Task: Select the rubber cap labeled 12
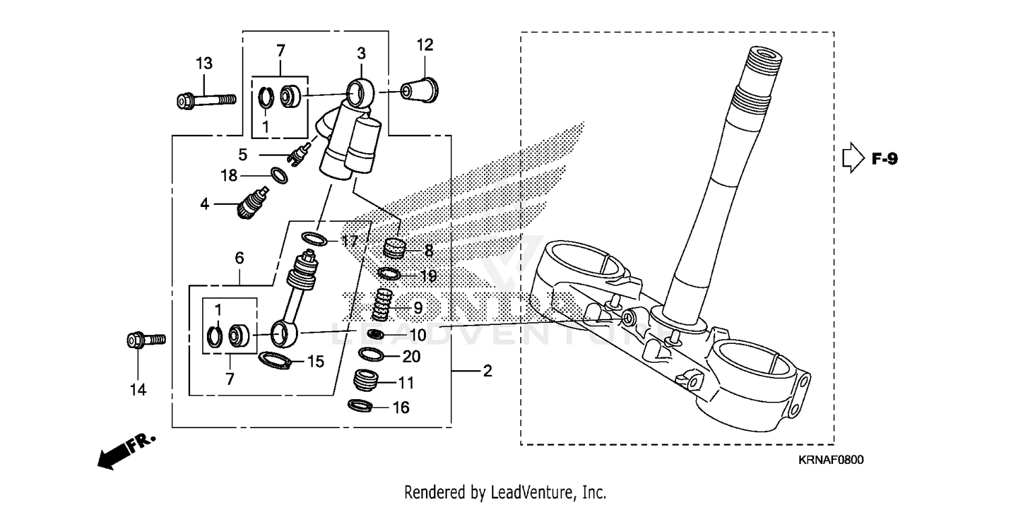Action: coord(419,89)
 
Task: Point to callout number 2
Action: coord(487,372)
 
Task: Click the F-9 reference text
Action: coord(884,159)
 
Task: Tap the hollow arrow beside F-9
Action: coord(853,158)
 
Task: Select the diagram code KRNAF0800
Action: coord(831,460)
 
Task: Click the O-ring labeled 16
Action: coord(361,406)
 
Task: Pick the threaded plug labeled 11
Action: coord(366,381)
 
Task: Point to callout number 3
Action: coord(361,53)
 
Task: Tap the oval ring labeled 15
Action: coord(274,360)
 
